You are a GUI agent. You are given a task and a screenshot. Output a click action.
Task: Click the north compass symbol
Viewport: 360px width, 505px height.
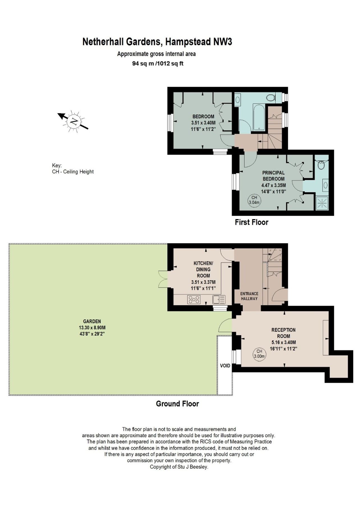click(x=74, y=121)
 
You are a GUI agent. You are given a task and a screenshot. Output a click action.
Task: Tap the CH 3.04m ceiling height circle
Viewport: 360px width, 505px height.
click(x=254, y=200)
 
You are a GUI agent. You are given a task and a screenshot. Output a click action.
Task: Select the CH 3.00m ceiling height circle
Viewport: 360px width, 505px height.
click(x=259, y=353)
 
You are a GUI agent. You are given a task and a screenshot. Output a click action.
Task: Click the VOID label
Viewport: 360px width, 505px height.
click(x=225, y=366)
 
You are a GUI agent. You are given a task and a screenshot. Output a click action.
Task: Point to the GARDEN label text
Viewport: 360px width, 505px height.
click(x=92, y=321)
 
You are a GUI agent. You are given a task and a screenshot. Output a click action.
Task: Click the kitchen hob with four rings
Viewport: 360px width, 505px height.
click(x=194, y=299)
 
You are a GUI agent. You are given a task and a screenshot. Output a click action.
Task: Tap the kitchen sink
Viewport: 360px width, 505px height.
click(x=219, y=299)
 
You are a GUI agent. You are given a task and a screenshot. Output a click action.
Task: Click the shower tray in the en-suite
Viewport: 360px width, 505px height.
click(x=322, y=203)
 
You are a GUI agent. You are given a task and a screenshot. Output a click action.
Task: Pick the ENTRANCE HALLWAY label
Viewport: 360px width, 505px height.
click(x=249, y=296)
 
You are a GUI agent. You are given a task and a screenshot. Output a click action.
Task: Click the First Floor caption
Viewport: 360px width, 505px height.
click(x=251, y=222)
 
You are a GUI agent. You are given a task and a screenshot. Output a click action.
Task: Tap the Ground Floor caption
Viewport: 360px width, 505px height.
click(x=177, y=404)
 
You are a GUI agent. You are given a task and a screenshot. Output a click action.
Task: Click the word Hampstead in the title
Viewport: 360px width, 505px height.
click(x=188, y=42)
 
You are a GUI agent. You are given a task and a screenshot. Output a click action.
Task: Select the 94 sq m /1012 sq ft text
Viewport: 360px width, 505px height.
click(x=158, y=63)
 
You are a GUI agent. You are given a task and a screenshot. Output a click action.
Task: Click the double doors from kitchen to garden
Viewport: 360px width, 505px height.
click(x=163, y=279)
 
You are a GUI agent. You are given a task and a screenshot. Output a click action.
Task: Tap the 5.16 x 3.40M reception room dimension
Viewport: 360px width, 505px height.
click(x=283, y=342)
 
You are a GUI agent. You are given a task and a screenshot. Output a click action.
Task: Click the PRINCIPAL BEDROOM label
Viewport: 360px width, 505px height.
click(x=273, y=176)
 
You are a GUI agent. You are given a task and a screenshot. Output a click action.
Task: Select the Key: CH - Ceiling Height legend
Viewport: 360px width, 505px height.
click(x=73, y=169)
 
